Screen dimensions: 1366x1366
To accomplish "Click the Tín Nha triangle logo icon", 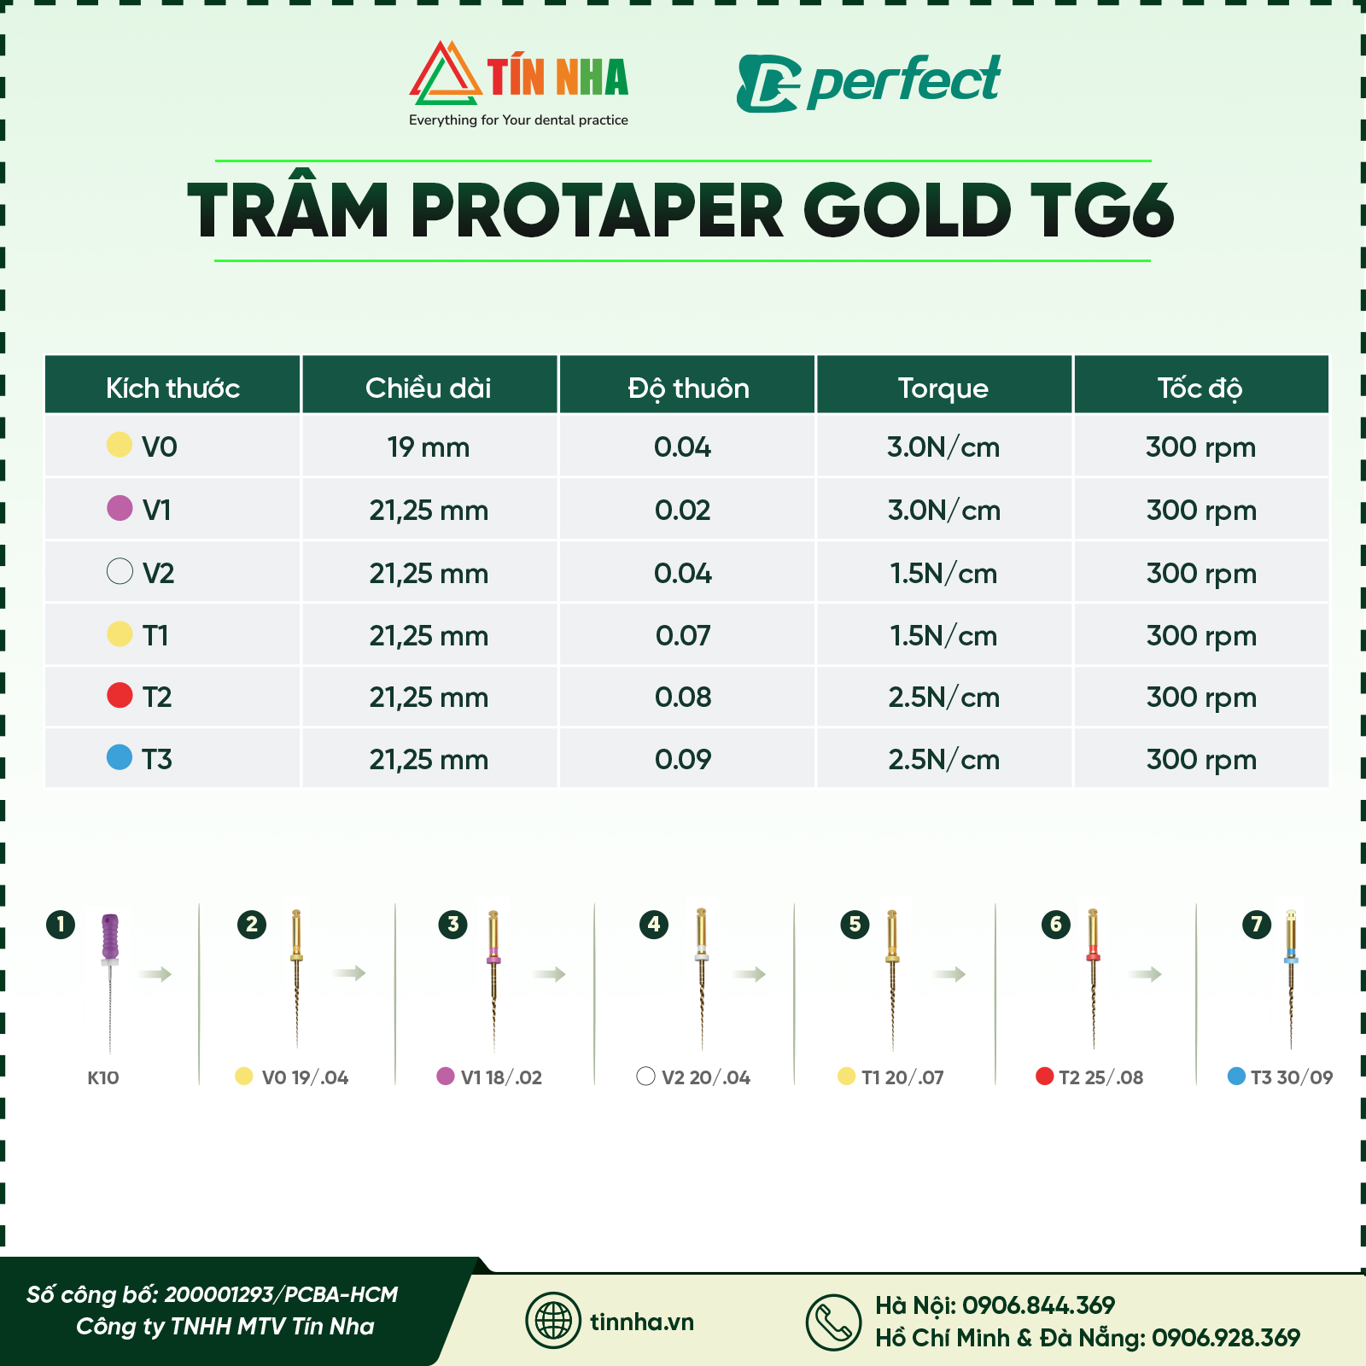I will tap(445, 75).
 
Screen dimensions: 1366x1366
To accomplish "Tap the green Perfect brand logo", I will tap(867, 83).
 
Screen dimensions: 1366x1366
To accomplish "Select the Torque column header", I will tap(943, 388).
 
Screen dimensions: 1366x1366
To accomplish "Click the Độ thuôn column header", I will tap(688, 388).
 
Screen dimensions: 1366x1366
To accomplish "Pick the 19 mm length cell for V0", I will tap(428, 447).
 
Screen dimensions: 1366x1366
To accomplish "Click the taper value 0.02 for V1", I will tap(682, 510).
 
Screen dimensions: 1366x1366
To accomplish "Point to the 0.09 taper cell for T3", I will tap(682, 759).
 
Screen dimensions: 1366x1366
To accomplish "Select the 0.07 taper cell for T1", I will tap(682, 635).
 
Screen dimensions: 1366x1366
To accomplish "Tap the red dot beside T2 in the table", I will tap(120, 695).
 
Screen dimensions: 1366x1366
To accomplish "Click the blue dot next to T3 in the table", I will tap(120, 757).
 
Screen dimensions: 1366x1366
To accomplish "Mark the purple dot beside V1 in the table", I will tap(120, 508).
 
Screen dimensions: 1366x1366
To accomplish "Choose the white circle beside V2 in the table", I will tap(120, 571).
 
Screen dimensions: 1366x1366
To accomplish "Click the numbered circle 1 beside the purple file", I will tap(61, 924).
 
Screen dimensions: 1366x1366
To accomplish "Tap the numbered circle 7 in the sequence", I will tap(1256, 924).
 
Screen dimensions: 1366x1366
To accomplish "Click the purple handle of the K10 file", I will tap(110, 936).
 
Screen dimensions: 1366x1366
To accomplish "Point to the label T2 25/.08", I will tap(1100, 1077).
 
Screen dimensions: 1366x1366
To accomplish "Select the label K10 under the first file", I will tap(103, 1077).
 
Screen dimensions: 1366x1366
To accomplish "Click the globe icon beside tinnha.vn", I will tap(553, 1321).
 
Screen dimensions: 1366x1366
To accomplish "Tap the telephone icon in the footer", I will tap(833, 1322).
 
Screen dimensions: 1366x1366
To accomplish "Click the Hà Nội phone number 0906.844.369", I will tap(1038, 1305).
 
